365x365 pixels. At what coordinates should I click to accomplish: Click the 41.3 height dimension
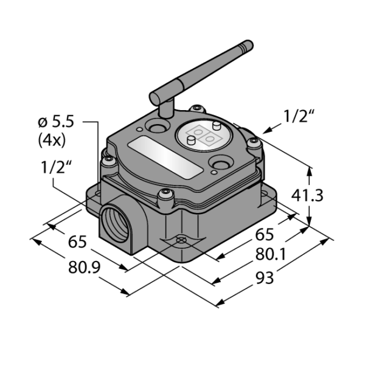click(x=307, y=196)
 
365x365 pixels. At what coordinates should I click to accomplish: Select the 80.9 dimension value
click(x=85, y=267)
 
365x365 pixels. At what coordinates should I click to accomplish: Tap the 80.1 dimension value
click(x=271, y=254)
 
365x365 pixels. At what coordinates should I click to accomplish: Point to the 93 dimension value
click(x=265, y=278)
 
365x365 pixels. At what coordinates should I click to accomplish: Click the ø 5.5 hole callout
click(x=56, y=122)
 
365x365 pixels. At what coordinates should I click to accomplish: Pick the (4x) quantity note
click(x=52, y=140)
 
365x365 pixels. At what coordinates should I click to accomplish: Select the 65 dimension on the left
click(x=77, y=242)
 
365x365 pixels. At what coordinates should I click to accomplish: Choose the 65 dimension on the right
click(x=265, y=234)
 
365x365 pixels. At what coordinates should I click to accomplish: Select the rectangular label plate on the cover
click(x=165, y=158)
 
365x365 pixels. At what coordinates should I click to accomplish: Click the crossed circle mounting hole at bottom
click(x=181, y=240)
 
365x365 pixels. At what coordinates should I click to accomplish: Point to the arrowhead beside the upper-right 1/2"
click(x=267, y=131)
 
